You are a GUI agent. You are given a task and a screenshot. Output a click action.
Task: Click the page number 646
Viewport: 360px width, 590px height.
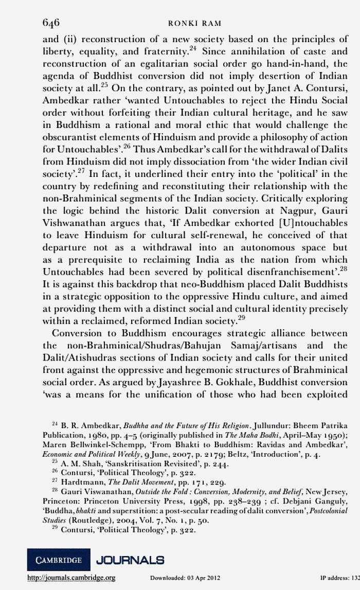51,22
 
